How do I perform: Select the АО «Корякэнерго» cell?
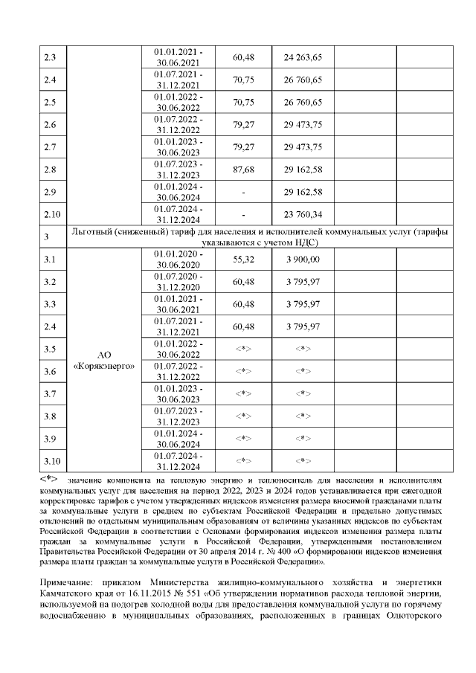(104, 361)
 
